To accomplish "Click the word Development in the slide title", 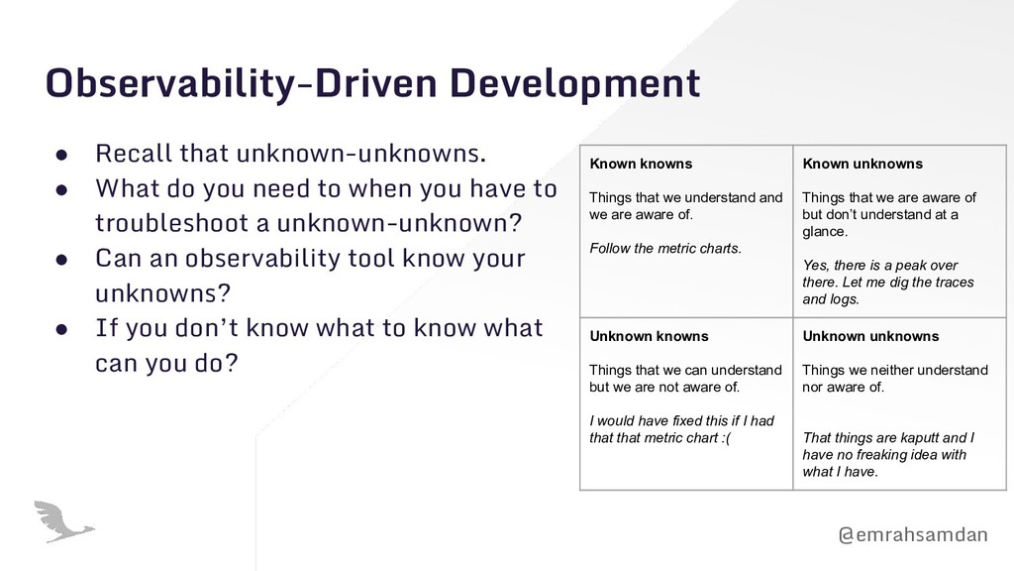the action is click(575, 84).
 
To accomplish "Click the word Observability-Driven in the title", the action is click(242, 84).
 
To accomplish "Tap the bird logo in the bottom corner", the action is click(63, 521).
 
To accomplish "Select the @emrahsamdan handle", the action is click(912, 534).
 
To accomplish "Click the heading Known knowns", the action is click(641, 164).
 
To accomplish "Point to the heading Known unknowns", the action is click(862, 164).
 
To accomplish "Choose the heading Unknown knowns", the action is click(650, 337).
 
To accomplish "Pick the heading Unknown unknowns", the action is click(871, 337).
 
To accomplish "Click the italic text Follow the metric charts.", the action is click(665, 249).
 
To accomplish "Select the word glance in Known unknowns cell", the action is click(823, 232).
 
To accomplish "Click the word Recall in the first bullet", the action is click(134, 154).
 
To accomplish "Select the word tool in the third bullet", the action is click(371, 258).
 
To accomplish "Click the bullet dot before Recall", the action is click(61, 155).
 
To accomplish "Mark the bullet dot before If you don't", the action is click(61, 329).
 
